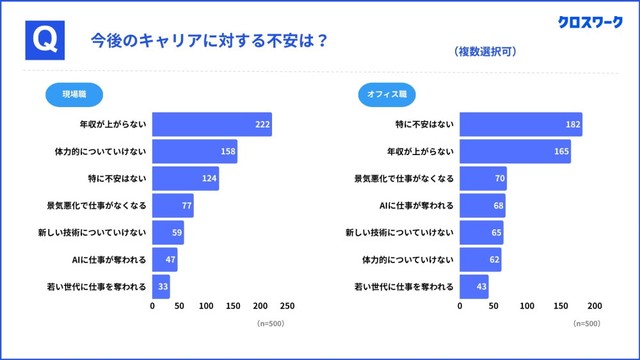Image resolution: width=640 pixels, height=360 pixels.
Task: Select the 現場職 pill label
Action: [x=75, y=95]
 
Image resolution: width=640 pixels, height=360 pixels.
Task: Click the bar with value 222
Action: [x=211, y=125]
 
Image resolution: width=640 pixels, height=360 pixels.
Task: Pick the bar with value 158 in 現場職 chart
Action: [x=194, y=152]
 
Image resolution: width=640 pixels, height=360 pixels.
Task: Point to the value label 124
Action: [x=208, y=179]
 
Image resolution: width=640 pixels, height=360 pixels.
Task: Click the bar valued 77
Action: [x=172, y=206]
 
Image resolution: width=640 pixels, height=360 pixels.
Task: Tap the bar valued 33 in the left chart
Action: [x=160, y=287]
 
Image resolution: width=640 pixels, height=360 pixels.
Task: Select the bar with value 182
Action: [x=521, y=125]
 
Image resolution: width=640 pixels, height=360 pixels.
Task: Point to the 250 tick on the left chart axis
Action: [x=287, y=307]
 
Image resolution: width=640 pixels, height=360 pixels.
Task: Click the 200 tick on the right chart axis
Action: [x=594, y=307]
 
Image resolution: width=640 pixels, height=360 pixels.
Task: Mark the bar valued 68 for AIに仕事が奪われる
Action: [x=482, y=206]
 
